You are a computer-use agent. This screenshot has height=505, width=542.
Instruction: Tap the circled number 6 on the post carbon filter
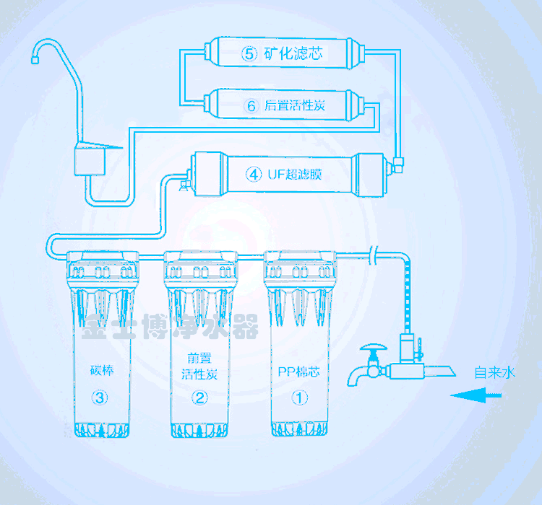(x=251, y=106)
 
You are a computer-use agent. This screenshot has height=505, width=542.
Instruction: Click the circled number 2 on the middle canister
(x=199, y=396)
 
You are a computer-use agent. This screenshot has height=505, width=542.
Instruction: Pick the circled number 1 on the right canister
(x=298, y=396)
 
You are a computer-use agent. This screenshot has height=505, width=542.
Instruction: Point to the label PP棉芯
(x=298, y=372)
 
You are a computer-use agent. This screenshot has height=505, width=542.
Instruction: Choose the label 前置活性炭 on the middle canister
(x=199, y=366)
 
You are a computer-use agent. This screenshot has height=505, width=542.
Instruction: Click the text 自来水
(x=495, y=373)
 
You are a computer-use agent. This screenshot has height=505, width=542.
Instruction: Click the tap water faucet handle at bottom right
(x=372, y=351)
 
